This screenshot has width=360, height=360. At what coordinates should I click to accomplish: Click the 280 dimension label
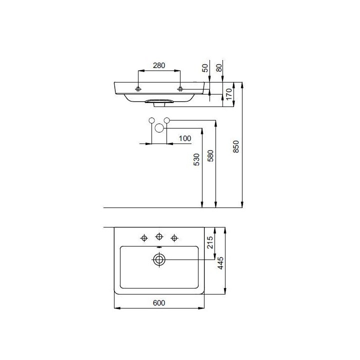coord(159,65)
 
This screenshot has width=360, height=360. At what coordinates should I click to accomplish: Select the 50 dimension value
coord(205,68)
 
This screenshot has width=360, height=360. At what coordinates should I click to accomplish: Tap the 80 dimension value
coord(219,67)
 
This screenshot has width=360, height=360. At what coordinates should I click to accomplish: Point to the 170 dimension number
coord(229,94)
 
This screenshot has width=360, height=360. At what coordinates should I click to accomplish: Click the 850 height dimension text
coord(236,146)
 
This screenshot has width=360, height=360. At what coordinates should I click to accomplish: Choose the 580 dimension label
coord(210,155)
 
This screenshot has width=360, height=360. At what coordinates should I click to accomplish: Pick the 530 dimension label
coord(197,159)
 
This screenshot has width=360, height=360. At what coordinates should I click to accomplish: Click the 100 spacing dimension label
coord(185,138)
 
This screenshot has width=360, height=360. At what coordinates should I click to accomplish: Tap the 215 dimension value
coord(210,242)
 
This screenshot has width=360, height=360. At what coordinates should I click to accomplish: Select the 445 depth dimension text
coord(220,263)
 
